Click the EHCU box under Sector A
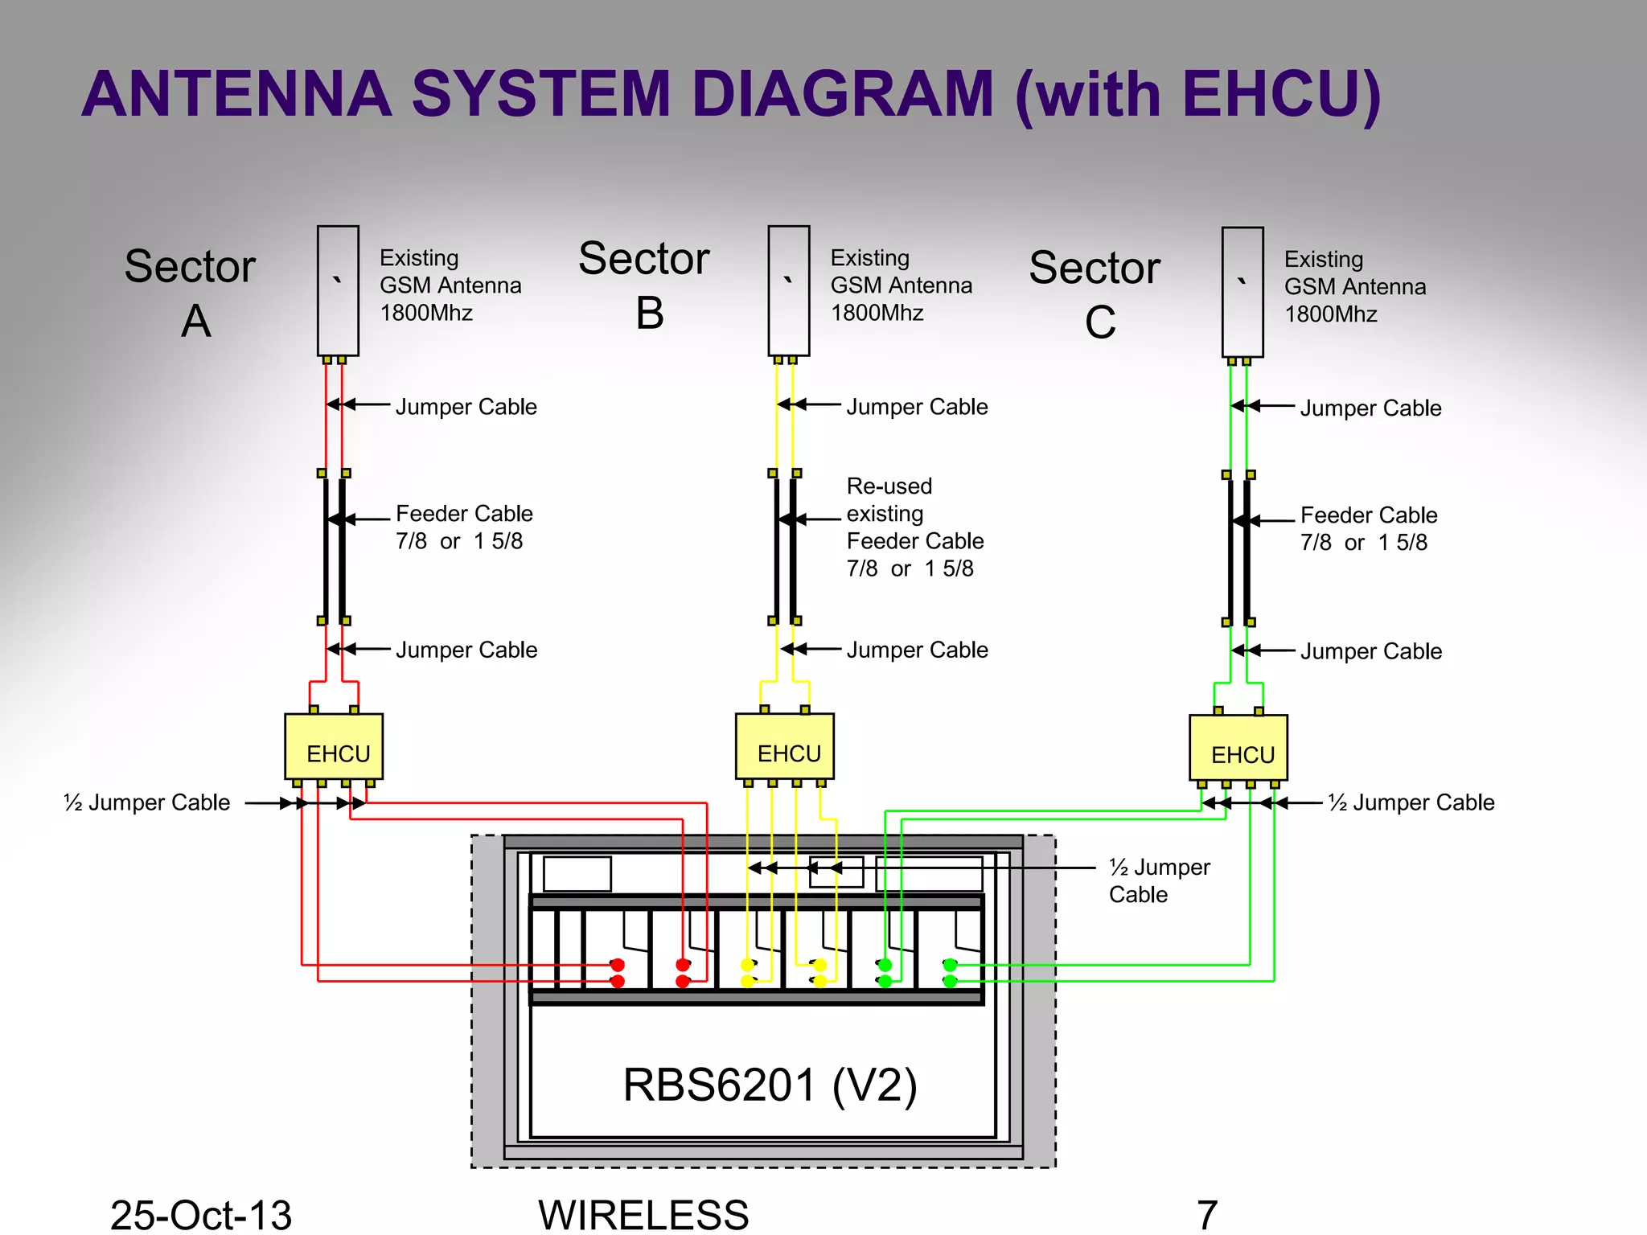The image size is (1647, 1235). (334, 745)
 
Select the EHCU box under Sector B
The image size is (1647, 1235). (785, 745)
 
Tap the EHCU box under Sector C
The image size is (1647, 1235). (1238, 747)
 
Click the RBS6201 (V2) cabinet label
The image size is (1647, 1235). (770, 1085)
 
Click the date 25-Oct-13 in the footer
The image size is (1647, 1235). (200, 1214)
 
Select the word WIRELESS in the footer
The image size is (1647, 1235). (643, 1214)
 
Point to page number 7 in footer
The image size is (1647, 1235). (1207, 1214)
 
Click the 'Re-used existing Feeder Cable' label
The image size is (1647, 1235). (914, 527)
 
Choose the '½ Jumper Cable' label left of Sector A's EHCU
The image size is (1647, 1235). (147, 802)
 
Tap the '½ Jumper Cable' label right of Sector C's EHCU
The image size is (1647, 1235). (1411, 802)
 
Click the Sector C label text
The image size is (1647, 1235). (1095, 293)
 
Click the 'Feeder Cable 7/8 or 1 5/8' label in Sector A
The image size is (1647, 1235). (464, 527)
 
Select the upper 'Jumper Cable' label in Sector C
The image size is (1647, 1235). (1370, 408)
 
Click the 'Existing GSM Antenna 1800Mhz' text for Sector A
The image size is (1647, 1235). (450, 285)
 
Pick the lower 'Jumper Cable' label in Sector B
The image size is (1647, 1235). (917, 650)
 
